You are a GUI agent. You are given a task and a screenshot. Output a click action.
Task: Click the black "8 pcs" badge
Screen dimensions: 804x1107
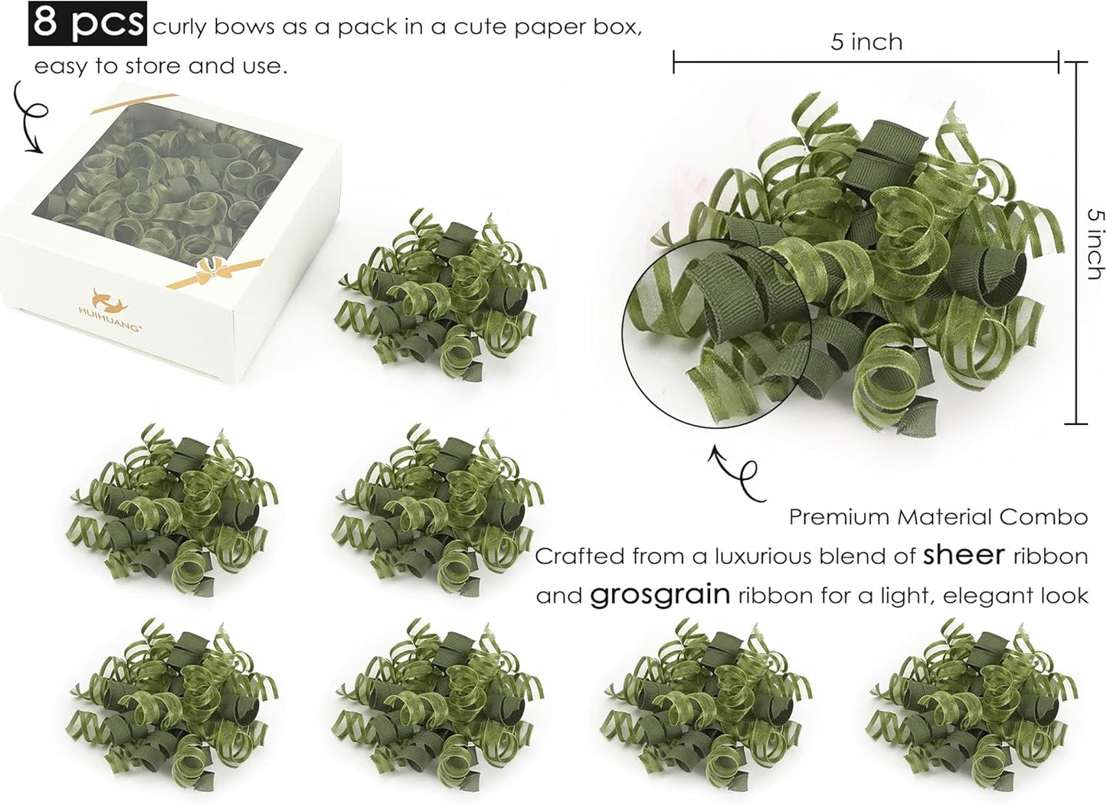pos(87,24)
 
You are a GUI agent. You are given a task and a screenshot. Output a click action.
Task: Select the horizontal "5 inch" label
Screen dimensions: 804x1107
pos(866,41)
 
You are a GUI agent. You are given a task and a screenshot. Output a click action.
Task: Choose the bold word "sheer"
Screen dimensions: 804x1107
pos(963,554)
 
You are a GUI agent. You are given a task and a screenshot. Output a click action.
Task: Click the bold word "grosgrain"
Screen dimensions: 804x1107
pos(660,595)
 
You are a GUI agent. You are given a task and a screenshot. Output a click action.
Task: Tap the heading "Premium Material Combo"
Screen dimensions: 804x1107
pos(938,517)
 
